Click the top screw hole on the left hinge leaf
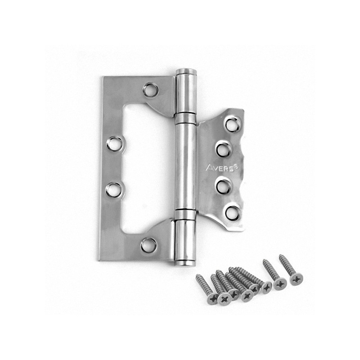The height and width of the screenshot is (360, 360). (x=151, y=90)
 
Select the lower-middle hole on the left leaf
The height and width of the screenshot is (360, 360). (x=114, y=189)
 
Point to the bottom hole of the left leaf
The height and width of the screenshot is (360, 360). (x=148, y=245)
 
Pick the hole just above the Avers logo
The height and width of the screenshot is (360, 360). (x=223, y=149)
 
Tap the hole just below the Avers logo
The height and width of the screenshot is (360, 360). (x=223, y=186)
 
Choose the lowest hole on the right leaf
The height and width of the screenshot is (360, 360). (x=233, y=212)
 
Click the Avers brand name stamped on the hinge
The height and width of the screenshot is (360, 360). (x=220, y=168)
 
